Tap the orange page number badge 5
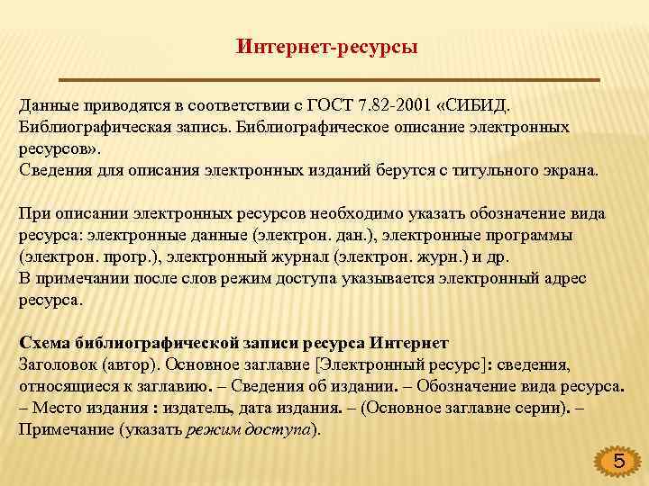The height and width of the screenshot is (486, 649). [x=617, y=463]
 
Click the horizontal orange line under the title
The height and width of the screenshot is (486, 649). [x=415, y=79]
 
